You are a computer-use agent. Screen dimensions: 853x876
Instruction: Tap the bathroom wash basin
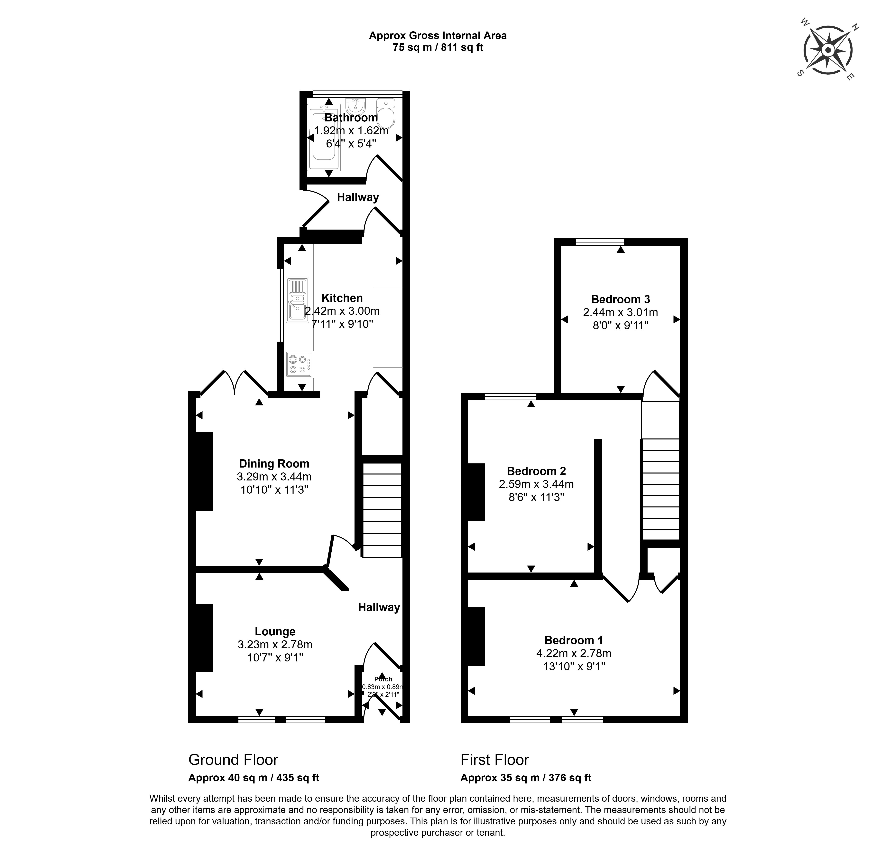pyautogui.click(x=356, y=106)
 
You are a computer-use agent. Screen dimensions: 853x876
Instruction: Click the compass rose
pyautogui.click(x=828, y=50)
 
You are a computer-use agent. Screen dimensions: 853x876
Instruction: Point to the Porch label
pyautogui.click(x=383, y=679)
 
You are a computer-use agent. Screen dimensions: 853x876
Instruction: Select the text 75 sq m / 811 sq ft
pyautogui.click(x=438, y=47)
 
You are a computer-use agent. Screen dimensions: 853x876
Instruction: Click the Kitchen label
pyautogui.click(x=342, y=298)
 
